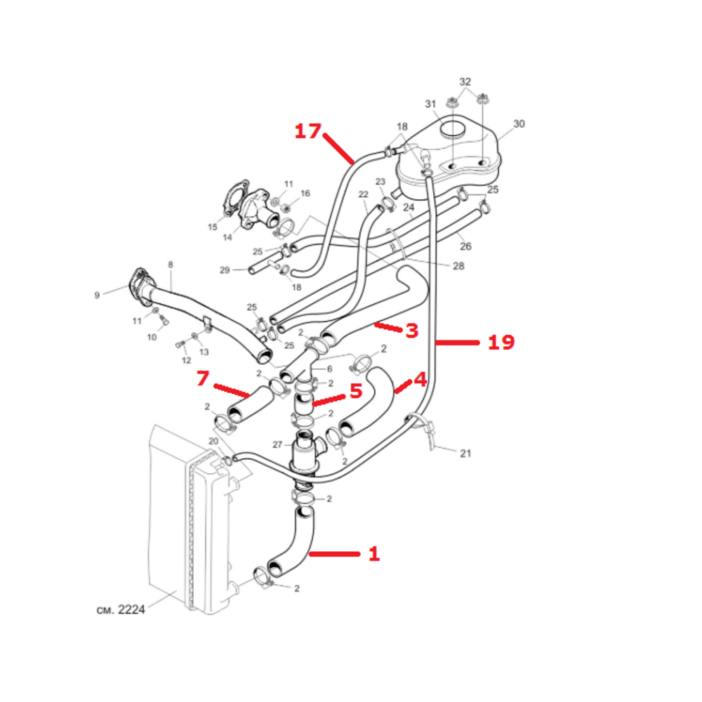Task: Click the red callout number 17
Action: [x=308, y=131]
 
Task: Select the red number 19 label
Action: [x=501, y=343]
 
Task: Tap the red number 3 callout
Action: [x=412, y=331]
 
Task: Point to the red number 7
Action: [x=202, y=378]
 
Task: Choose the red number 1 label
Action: [x=374, y=555]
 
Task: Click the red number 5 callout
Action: [x=356, y=391]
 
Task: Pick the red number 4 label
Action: [x=420, y=380]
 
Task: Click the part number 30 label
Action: [x=519, y=124]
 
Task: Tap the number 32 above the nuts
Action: [x=465, y=81]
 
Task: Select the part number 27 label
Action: [x=277, y=444]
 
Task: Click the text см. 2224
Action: [x=121, y=610]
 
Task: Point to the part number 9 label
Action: [x=97, y=296]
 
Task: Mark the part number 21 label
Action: [x=465, y=453]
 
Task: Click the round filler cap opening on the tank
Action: [x=453, y=130]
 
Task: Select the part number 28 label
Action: [x=458, y=266]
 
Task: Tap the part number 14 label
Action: [x=227, y=237]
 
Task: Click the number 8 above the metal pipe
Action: [x=171, y=265]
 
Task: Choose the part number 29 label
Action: [x=225, y=270]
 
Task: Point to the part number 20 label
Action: [x=213, y=441]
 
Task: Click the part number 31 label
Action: [x=430, y=104]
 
